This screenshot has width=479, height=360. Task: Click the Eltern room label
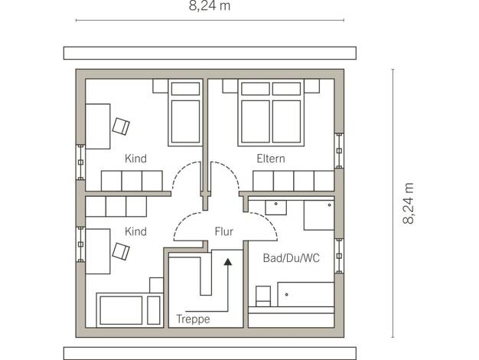click(271, 159)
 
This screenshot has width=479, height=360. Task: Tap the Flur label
click(224, 231)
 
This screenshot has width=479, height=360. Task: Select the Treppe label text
click(193, 319)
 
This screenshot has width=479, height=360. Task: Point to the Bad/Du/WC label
click(291, 258)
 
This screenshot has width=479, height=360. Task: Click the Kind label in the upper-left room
click(135, 159)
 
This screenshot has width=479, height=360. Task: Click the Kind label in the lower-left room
click(135, 231)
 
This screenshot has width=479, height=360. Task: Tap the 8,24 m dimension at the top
click(210, 5)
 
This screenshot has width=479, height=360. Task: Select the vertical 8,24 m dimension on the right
click(408, 204)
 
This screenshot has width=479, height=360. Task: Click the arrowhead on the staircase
click(227, 261)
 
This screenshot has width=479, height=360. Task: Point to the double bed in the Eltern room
click(271, 113)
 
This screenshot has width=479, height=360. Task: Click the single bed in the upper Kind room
click(185, 113)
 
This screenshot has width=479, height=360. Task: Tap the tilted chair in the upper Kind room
click(121, 126)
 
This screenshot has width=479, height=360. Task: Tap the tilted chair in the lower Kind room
click(121, 251)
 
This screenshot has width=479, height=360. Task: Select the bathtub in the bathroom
click(306, 294)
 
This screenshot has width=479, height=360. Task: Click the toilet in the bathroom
click(263, 296)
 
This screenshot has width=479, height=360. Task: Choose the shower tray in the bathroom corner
click(319, 215)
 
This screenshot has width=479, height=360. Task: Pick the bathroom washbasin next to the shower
click(276, 208)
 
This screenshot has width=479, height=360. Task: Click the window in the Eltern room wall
click(339, 151)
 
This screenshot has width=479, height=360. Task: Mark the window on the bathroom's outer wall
click(339, 256)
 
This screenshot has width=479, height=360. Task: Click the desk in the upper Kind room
click(98, 126)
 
